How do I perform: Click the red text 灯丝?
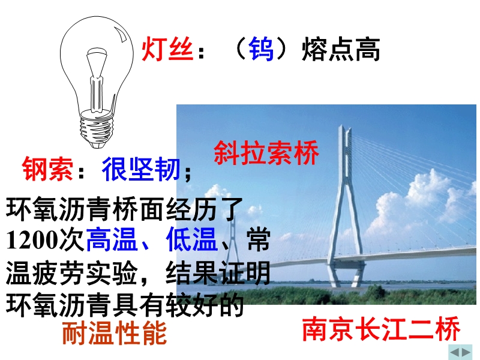pyautogui.click(x=167, y=49)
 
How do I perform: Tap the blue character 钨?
pyautogui.click(x=261, y=49)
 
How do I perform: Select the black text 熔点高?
pyautogui.click(x=341, y=49)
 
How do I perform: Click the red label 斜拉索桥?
pyautogui.click(x=266, y=153)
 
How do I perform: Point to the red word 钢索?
pyautogui.click(x=48, y=169)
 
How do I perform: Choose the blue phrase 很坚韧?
pyautogui.click(x=141, y=169)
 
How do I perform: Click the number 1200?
pyautogui.click(x=32, y=239)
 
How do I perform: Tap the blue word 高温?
pyautogui.click(x=112, y=239)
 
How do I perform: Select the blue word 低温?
pyautogui.click(x=191, y=239)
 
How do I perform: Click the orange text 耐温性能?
pyautogui.click(x=115, y=333)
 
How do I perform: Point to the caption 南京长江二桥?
pyautogui.click(x=382, y=329)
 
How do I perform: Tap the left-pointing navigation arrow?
pyautogui.click(x=455, y=352)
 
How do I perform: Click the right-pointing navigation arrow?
pyautogui.click(x=466, y=352)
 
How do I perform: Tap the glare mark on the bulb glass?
pyautogui.click(x=121, y=34)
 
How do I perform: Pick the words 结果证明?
pyautogui.click(x=218, y=272)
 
